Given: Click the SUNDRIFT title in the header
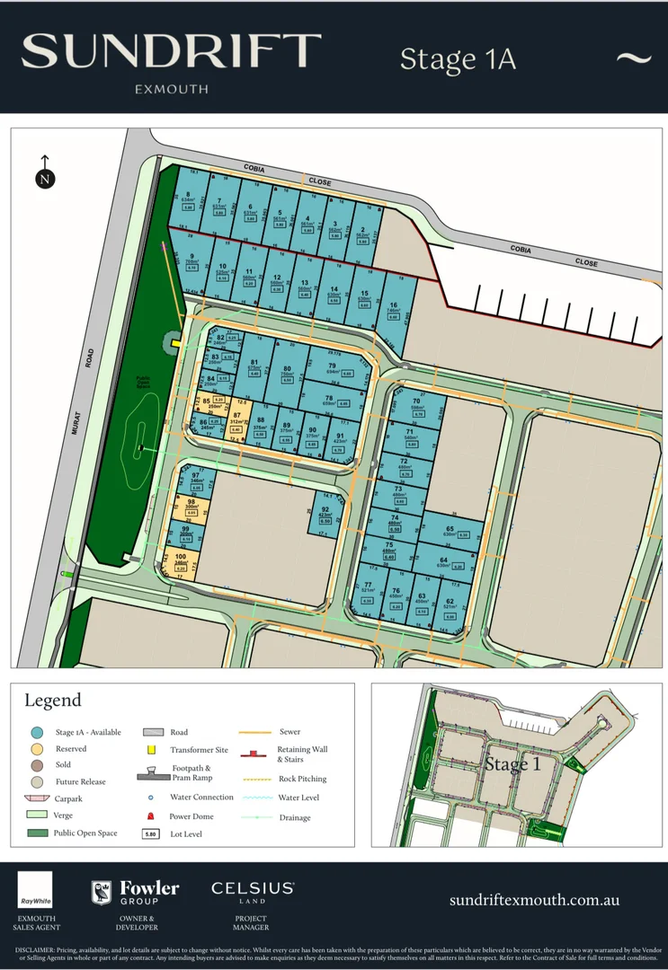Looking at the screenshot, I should click(171, 52).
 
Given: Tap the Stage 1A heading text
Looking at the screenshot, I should click(458, 59).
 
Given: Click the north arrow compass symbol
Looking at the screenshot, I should click(44, 174).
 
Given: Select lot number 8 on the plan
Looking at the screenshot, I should click(187, 200).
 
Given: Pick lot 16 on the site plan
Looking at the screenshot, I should click(394, 311).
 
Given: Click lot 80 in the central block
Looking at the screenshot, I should click(287, 374).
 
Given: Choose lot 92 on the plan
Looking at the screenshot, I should click(325, 515).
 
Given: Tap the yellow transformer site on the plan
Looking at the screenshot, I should click(177, 342).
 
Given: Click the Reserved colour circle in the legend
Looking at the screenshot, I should click(37, 748).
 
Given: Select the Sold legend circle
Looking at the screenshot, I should click(37, 764).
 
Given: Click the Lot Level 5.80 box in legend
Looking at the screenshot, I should click(151, 833).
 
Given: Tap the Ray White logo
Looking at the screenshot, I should click(35, 889).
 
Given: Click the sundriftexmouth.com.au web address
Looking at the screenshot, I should click(534, 900).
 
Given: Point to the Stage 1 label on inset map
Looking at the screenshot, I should click(513, 764).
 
